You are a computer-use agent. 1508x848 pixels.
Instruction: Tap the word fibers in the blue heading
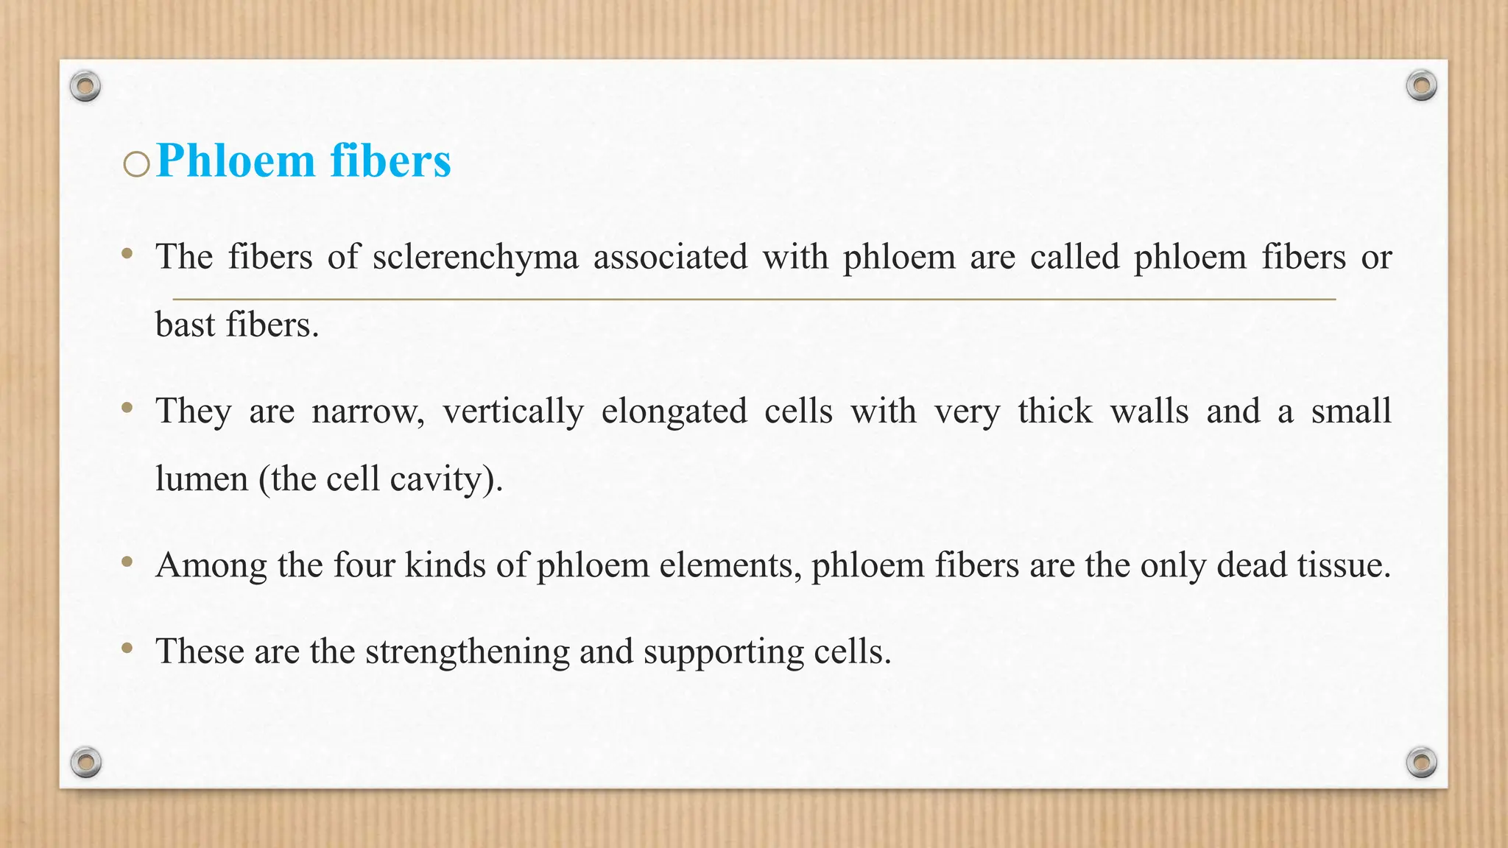click(390, 160)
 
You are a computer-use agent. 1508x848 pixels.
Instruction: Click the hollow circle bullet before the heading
click(136, 164)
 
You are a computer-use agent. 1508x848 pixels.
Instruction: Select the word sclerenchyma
click(475, 258)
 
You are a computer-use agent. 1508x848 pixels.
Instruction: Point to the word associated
click(670, 258)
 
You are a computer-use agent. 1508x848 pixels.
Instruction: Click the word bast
click(185, 325)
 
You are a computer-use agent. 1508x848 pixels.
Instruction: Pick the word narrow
click(367, 411)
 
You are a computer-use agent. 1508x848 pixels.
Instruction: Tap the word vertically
click(513, 411)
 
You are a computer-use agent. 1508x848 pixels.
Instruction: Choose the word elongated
click(674, 411)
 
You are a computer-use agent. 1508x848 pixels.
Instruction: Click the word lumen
click(201, 479)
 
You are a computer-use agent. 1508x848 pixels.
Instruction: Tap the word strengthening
click(467, 652)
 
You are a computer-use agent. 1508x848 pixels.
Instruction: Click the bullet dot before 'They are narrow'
click(127, 407)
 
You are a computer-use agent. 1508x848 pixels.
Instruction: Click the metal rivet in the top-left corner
click(85, 87)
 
